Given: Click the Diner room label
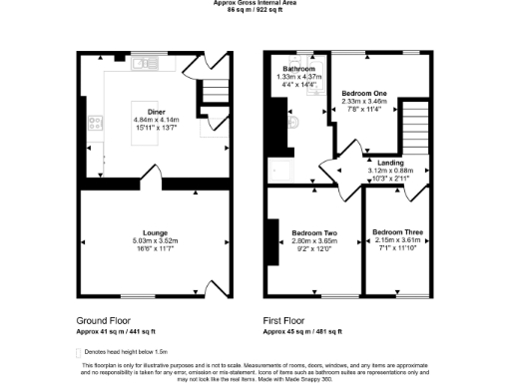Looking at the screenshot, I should [157, 112].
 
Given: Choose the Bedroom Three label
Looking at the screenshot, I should [398, 232].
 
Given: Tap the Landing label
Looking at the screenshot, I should [390, 161].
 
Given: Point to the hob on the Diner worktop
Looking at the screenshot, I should [97, 125].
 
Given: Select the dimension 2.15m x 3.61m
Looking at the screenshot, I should [398, 240].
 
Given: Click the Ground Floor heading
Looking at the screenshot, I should [104, 319].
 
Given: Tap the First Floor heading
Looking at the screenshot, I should [288, 319].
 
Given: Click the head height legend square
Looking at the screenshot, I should [79, 352].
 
